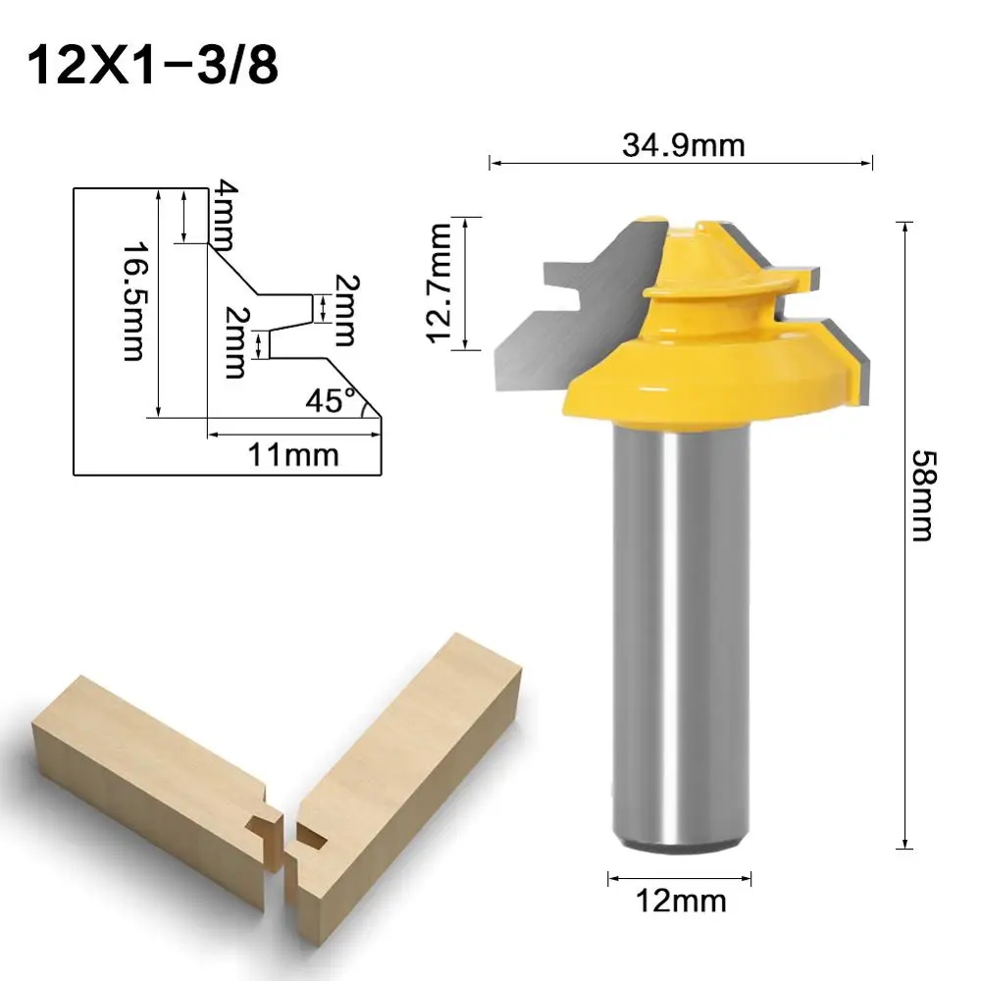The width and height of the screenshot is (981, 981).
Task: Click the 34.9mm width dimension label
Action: click(684, 145)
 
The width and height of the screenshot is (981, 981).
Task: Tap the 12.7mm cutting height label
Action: click(438, 283)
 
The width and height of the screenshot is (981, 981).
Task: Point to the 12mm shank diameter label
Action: click(681, 900)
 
